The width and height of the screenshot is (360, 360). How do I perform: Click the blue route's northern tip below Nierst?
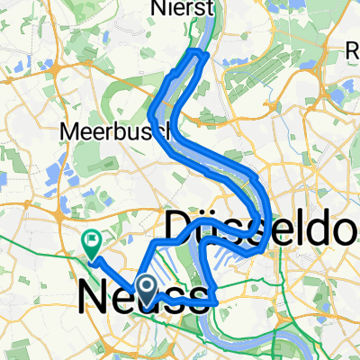tap(198, 54)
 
